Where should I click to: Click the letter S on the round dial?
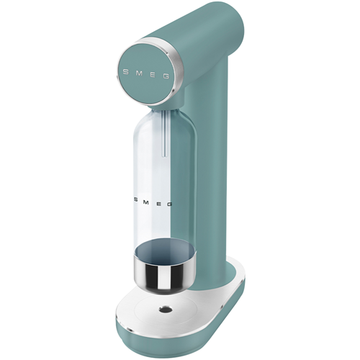(125, 72)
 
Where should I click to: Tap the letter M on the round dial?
(138, 73)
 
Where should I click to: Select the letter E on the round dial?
(153, 75)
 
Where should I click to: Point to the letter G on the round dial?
(166, 76)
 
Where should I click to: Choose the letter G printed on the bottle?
(169, 204)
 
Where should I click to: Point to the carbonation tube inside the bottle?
(164, 135)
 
